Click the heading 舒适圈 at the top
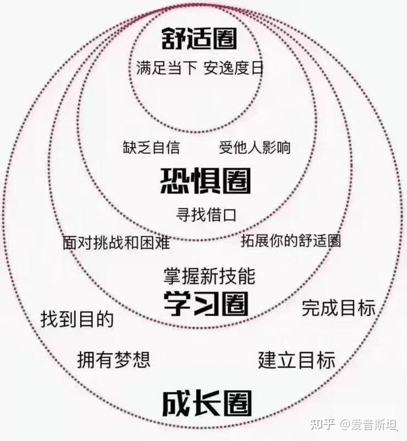pos(199,38)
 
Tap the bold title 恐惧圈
pos(206,180)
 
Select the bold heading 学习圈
pos(206,304)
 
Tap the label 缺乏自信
pos(151,147)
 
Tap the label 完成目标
pos(338,307)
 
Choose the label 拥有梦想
pos(114,358)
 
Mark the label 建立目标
pos(297,359)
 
